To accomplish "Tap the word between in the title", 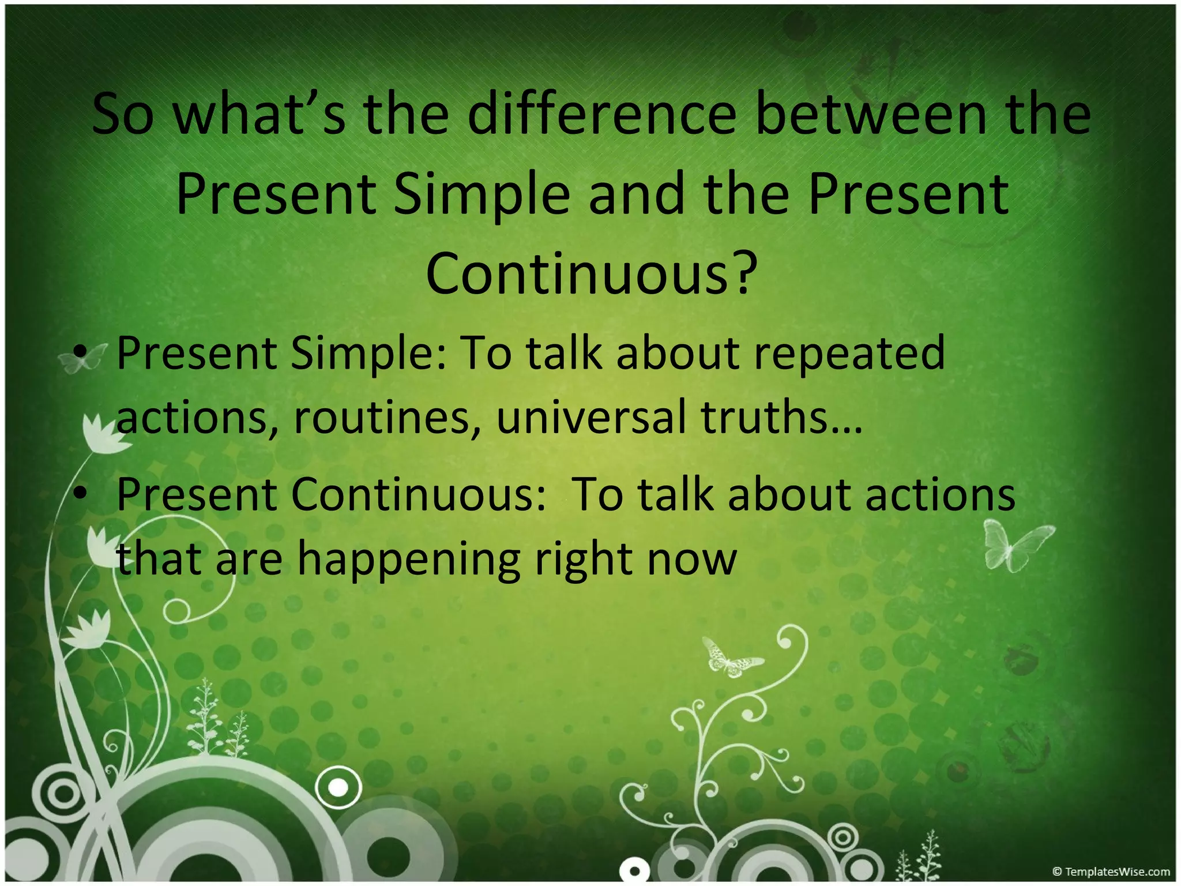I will [x=871, y=114].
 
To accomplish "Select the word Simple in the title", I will [x=482, y=194].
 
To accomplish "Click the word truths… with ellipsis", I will [x=781, y=416].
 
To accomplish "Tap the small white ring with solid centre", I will [x=338, y=787].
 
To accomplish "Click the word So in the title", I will [x=123, y=114].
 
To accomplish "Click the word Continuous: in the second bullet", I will [x=418, y=494].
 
